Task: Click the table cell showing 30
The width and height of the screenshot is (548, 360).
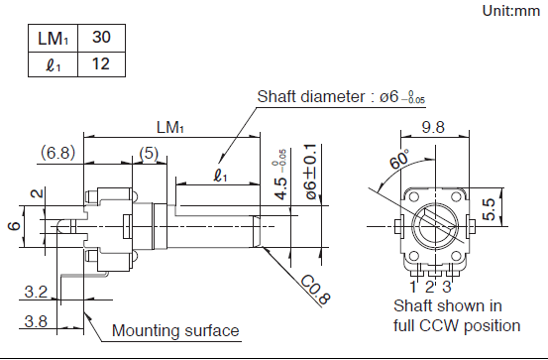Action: (101, 38)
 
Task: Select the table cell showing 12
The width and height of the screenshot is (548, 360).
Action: (101, 64)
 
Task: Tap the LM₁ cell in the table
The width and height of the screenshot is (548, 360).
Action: (53, 38)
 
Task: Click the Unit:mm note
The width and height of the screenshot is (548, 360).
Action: (510, 11)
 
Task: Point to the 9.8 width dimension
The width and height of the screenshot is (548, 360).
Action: (433, 127)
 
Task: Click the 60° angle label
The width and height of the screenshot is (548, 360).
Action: (399, 160)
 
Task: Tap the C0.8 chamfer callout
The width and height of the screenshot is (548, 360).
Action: (315, 290)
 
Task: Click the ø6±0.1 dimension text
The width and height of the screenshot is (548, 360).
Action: (311, 172)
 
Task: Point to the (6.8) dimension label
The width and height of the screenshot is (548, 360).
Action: (58, 153)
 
